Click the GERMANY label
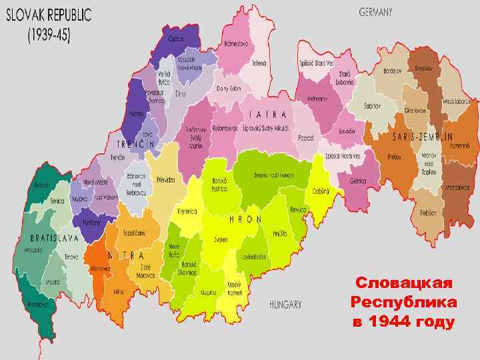pos(375,11)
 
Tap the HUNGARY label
pos(285,305)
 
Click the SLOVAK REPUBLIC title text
pos(50,14)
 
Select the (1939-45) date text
pos(49,34)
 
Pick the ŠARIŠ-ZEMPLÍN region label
pos(423,137)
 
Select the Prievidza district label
pos(165,180)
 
